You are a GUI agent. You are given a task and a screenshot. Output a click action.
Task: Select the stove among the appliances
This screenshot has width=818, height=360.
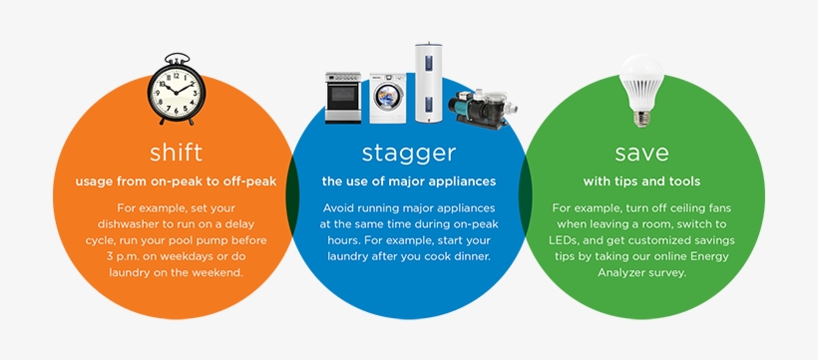tap(344, 98)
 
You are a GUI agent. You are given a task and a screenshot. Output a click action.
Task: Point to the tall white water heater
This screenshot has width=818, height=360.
tap(430, 82)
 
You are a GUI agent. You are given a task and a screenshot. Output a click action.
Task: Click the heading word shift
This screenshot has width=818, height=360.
tap(176, 153)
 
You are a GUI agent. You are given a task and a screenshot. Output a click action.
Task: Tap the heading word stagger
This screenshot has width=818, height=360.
tap(409, 153)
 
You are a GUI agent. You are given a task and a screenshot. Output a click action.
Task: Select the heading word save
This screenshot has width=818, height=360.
tap(641, 153)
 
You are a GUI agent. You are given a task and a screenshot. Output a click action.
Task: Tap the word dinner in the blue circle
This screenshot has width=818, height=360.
tap(469, 256)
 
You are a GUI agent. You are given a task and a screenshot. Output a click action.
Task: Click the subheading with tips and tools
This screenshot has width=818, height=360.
tap(641, 181)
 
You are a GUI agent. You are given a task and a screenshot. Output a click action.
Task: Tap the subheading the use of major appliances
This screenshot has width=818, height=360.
tap(409, 181)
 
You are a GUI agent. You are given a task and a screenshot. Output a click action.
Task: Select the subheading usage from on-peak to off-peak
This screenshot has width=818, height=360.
tap(176, 181)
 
